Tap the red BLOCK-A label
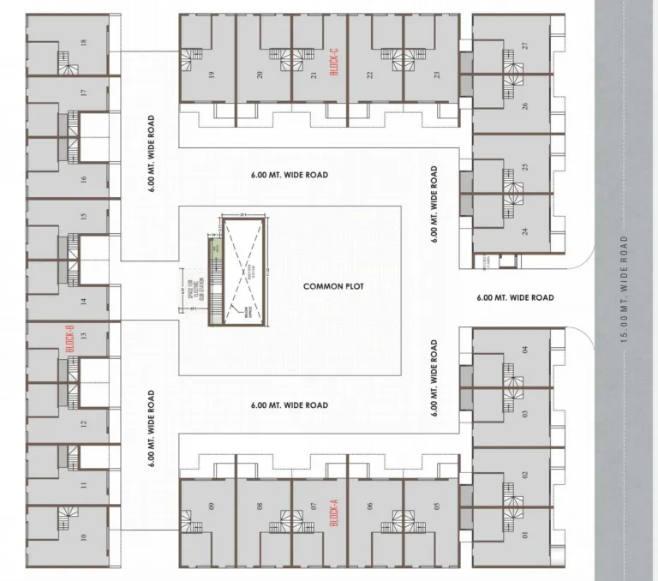(334, 517)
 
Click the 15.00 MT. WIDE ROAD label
(625, 290)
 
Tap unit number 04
(524, 349)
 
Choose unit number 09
(210, 517)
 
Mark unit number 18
(83, 43)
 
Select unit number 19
(210, 75)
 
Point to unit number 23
(437, 75)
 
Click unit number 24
(524, 231)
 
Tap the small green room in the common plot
(216, 249)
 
